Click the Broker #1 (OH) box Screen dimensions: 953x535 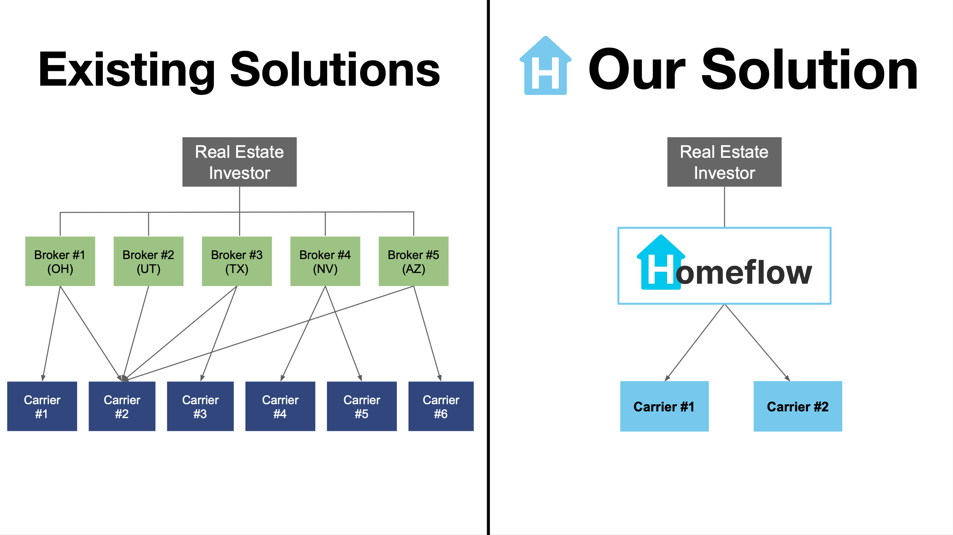(60, 261)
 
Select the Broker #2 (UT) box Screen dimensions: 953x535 (148, 261)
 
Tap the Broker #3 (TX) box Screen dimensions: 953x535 (237, 261)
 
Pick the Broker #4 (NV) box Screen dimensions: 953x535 (325, 261)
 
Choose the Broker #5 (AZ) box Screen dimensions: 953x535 (414, 261)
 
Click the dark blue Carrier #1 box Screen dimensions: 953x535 (42, 406)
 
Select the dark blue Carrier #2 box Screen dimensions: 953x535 (122, 406)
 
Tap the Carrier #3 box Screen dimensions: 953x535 (200, 406)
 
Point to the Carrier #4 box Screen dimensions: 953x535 (280, 406)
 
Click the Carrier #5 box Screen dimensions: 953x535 (362, 406)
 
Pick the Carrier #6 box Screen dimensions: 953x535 (441, 406)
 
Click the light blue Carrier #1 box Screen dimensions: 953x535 (665, 406)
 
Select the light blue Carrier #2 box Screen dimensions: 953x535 (798, 406)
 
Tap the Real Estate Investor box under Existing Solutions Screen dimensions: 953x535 (240, 162)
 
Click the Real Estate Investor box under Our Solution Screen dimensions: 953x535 (724, 162)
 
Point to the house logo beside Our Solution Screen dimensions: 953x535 (546, 66)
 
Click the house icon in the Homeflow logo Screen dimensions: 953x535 (661, 262)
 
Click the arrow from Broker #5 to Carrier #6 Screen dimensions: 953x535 (427, 333)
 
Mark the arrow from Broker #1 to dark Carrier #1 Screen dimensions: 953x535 (51, 333)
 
